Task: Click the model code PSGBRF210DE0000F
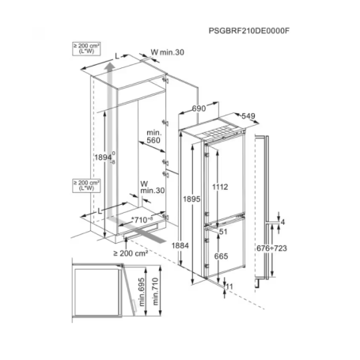point(249,31)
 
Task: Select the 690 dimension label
point(199,108)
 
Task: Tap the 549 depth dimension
point(248,116)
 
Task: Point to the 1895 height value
point(191,199)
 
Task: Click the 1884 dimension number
point(180,245)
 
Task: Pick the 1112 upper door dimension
point(220,187)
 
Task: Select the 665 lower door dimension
point(221,256)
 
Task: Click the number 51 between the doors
point(223,232)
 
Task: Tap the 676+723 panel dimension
point(271,248)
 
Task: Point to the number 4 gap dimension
point(282,222)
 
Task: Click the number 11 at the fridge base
point(229,286)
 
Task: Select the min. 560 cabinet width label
point(153,136)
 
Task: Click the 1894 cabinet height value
point(103,157)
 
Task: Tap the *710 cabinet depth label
point(142,219)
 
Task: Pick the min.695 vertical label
point(142,292)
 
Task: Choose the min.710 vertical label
point(155,291)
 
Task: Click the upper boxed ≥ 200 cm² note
point(86,49)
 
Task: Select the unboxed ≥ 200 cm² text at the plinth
point(131,253)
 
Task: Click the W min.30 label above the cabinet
point(167,52)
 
